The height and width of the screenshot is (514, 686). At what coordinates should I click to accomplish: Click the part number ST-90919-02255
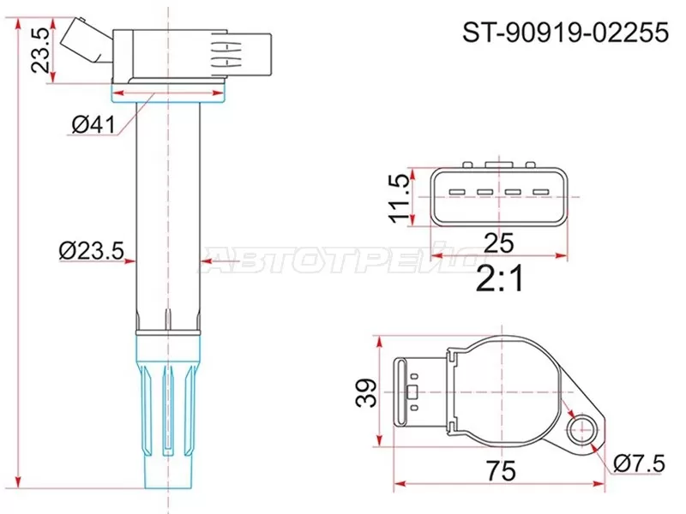[565, 33]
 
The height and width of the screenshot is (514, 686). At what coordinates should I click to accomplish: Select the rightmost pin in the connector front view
[539, 191]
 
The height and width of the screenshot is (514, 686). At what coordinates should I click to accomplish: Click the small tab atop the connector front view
[496, 164]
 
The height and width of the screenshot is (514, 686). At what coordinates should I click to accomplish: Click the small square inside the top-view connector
[412, 395]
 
